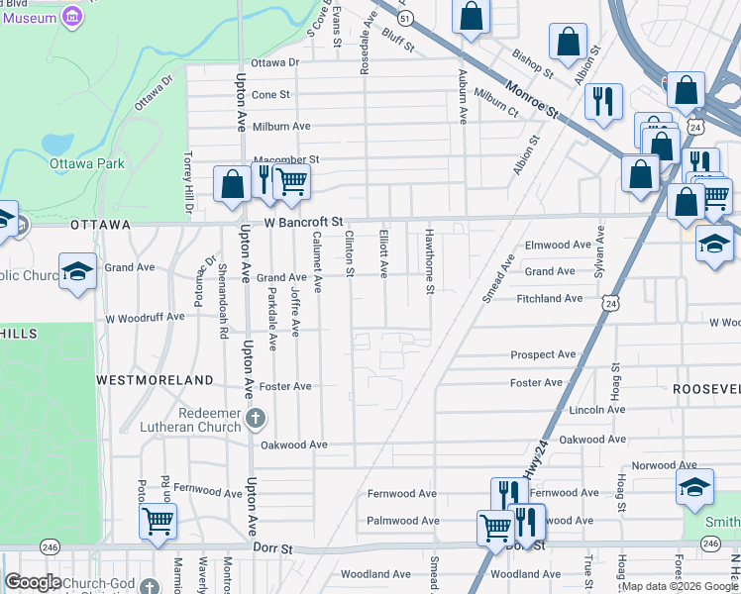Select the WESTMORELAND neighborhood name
155,379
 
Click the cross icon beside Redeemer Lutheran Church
256,416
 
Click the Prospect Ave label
543,354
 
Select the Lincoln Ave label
595,410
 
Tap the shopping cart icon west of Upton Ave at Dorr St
159,521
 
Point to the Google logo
32,582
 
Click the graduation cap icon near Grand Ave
77,270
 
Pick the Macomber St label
287,159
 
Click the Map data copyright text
680,586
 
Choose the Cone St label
270,95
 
